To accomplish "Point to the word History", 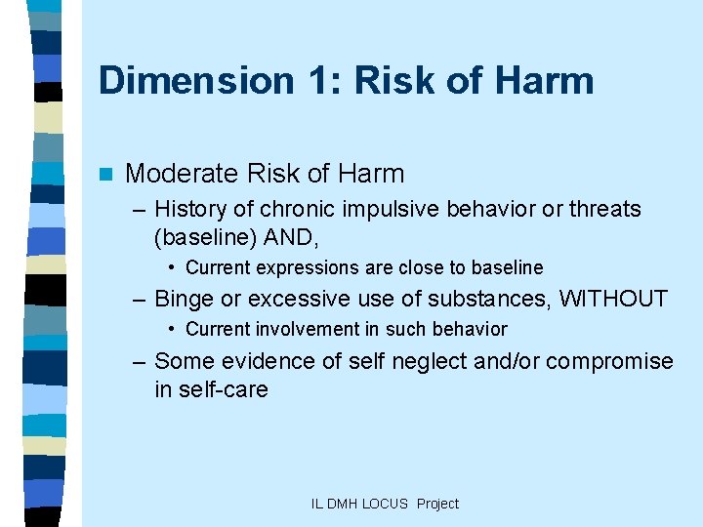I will [x=188, y=210].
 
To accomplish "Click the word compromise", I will [x=609, y=361].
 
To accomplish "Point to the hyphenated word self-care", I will [x=211, y=388].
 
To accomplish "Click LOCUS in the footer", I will [x=386, y=504].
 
